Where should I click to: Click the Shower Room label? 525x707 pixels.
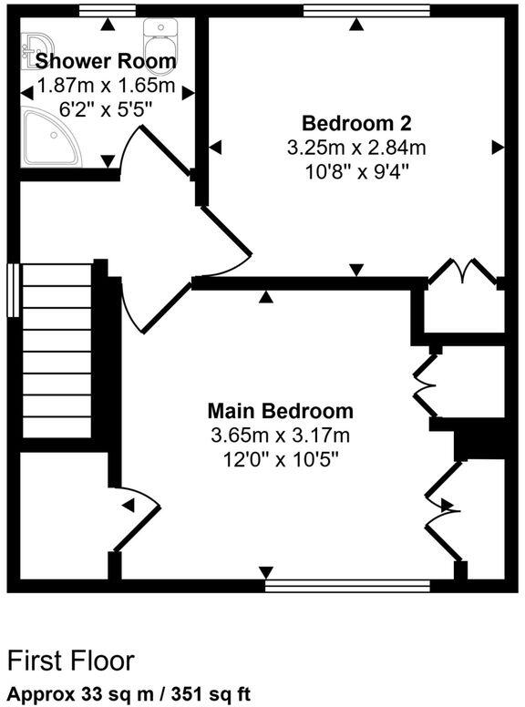tap(105, 62)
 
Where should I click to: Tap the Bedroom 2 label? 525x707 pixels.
tap(357, 123)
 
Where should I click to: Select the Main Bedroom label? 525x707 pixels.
tap(280, 410)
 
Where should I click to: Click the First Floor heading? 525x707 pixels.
tap(71, 660)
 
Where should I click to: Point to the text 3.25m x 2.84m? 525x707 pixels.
tap(357, 147)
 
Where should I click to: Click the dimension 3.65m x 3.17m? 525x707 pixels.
tap(280, 435)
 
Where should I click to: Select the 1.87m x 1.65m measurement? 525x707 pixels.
tap(105, 87)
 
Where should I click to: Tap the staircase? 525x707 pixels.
tap(55, 351)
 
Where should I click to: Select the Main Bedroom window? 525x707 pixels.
tap(346, 585)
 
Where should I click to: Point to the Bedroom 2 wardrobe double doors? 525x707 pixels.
tap(463, 273)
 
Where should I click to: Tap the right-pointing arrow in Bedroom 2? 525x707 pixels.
tap(498, 147)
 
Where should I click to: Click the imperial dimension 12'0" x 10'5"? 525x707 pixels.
tap(280, 459)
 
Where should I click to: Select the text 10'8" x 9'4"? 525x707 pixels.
tap(357, 170)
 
